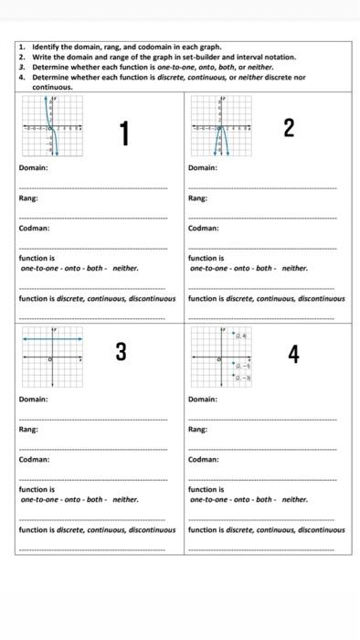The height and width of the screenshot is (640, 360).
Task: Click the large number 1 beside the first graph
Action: (x=124, y=134)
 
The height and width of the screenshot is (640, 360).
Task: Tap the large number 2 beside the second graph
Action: (x=289, y=128)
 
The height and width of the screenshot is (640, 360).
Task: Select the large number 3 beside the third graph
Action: (x=121, y=352)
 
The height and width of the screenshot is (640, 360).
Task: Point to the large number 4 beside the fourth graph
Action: (x=292, y=355)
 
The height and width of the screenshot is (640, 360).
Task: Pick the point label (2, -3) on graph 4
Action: (x=243, y=377)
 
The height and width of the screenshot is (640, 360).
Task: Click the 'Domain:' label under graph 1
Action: (x=34, y=168)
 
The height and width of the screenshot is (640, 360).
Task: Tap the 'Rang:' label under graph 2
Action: (x=198, y=198)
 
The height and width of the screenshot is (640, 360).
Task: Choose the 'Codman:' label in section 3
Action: (x=35, y=459)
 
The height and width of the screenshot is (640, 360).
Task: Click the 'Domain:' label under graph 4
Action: (x=203, y=400)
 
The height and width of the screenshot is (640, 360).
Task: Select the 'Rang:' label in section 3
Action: (x=29, y=429)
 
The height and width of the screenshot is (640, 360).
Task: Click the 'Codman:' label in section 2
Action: (x=204, y=229)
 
